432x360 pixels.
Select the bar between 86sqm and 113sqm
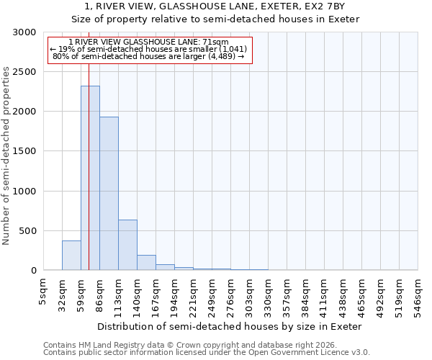tap(109, 194)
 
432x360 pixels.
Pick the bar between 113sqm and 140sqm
tap(127, 245)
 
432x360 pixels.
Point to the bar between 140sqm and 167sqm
tap(146, 263)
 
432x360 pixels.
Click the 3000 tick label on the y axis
tap(24, 32)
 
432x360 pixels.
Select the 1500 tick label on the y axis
tap(24, 151)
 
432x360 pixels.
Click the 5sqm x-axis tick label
tap(44, 292)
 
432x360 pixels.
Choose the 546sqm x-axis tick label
tap(418, 295)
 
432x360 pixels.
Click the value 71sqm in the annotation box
tap(216, 42)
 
